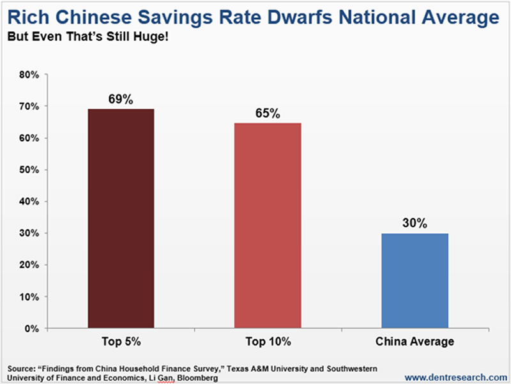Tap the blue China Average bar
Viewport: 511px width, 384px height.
pos(416,281)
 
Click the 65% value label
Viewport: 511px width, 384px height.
pos(268,113)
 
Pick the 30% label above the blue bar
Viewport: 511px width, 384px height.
pos(416,224)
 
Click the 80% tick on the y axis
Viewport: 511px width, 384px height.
pos(29,75)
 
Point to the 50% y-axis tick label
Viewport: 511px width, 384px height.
pos(29,170)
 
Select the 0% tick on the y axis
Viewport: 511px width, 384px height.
pos(32,328)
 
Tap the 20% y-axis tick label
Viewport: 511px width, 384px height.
pos(29,265)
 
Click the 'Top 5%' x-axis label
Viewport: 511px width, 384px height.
pos(121,341)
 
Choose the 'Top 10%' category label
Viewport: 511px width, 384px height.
pos(268,341)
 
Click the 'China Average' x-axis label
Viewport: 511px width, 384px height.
pos(416,341)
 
